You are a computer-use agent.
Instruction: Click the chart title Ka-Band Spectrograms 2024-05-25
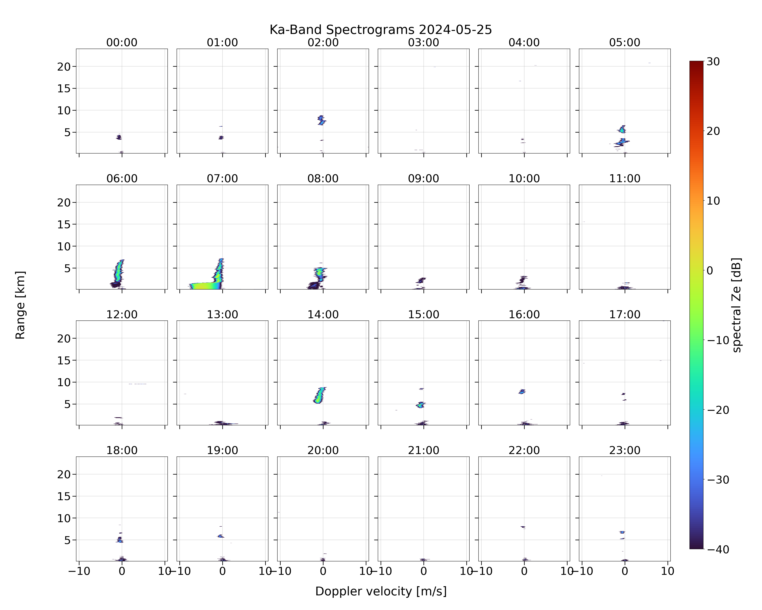point(381,30)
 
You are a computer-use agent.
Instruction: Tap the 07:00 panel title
point(222,179)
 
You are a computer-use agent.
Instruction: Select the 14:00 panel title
point(323,314)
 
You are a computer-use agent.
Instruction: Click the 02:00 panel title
point(323,42)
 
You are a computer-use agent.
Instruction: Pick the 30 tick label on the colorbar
point(713,62)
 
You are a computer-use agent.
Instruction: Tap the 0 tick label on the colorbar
point(710,270)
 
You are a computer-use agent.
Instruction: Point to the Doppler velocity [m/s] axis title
point(381,591)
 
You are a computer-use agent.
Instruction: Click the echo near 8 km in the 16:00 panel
point(522,391)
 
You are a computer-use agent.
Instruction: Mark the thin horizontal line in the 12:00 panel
point(138,384)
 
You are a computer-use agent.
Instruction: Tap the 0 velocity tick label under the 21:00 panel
point(423,571)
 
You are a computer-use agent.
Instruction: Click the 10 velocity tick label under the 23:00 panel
point(668,571)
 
